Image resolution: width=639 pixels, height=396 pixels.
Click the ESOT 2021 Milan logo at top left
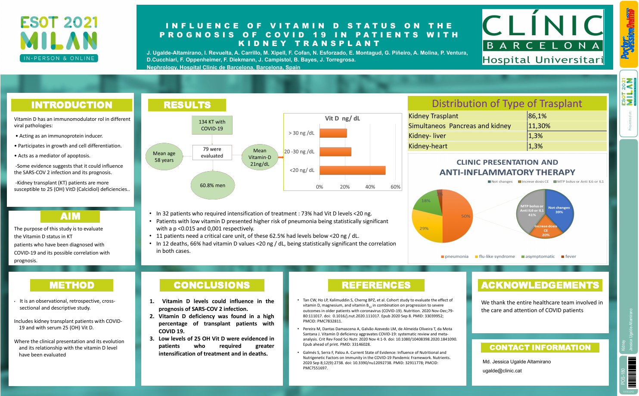tap(59, 39)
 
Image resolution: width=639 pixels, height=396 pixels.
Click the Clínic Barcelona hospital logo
tap(543, 37)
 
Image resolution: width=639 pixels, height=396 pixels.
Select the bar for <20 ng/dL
tap(352, 170)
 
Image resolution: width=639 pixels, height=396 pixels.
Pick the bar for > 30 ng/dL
tap(333, 133)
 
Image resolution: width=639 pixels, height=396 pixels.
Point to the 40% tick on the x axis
tap(370, 187)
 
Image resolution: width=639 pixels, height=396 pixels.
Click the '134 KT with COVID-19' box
tap(212, 125)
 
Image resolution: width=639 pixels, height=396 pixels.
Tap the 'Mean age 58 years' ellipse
tap(164, 157)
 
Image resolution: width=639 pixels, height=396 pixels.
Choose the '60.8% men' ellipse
tap(212, 185)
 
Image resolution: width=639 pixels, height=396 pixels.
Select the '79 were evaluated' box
tap(212, 153)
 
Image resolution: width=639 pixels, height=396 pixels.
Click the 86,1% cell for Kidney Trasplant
tap(566, 116)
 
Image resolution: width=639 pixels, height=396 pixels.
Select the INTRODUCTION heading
tap(71, 105)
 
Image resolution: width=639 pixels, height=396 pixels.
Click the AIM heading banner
tap(70, 216)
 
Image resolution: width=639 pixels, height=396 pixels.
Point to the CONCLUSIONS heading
tap(211, 285)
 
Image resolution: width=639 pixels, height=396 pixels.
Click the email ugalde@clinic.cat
tap(502, 371)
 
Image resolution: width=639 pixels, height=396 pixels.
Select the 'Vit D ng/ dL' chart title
tap(342, 118)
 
